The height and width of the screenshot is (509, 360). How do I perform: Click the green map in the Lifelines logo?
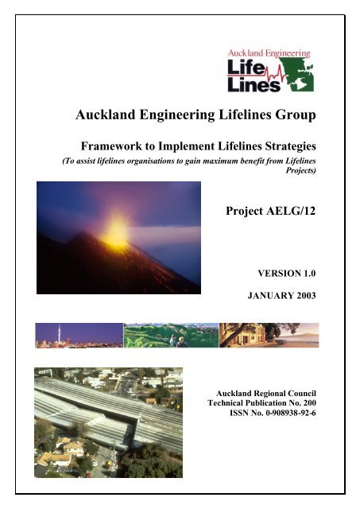[x=298, y=72]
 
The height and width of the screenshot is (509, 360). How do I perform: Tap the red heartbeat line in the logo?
[x=277, y=76]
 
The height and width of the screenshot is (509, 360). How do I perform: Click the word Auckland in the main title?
[x=106, y=115]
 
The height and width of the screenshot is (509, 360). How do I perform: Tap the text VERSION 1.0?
[x=287, y=274]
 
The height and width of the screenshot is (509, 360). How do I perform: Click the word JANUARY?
[x=269, y=295]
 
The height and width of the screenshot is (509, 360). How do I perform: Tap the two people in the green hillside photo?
[x=178, y=341]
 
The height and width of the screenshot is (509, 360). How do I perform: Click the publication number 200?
[x=309, y=403]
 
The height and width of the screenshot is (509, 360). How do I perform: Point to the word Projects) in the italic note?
[x=300, y=170]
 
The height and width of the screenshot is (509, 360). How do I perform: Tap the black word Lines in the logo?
[x=254, y=85]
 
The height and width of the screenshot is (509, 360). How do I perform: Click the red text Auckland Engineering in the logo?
[x=269, y=54]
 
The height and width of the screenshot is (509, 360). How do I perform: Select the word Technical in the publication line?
[x=225, y=403]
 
